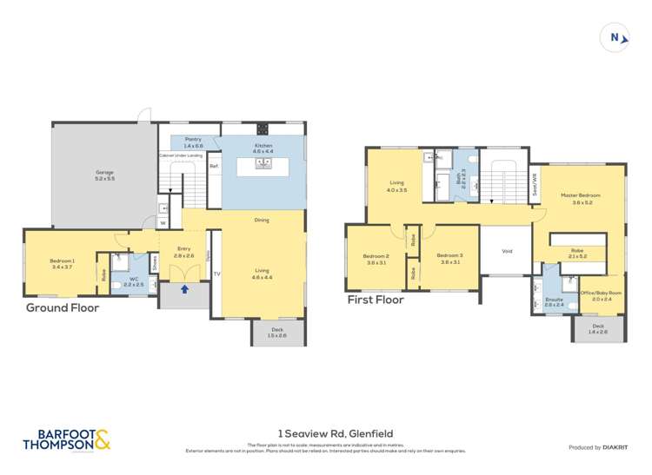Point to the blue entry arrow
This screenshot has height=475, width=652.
[183, 289]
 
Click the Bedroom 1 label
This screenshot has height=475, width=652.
[62, 263]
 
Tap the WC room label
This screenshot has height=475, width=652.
[133, 282]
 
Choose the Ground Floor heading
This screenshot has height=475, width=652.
[62, 307]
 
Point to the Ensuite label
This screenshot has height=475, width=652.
[555, 302]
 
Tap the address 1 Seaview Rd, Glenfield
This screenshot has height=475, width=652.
[326, 432]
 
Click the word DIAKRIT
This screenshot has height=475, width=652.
[614, 447]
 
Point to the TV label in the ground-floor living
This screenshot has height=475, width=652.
[216, 274]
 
